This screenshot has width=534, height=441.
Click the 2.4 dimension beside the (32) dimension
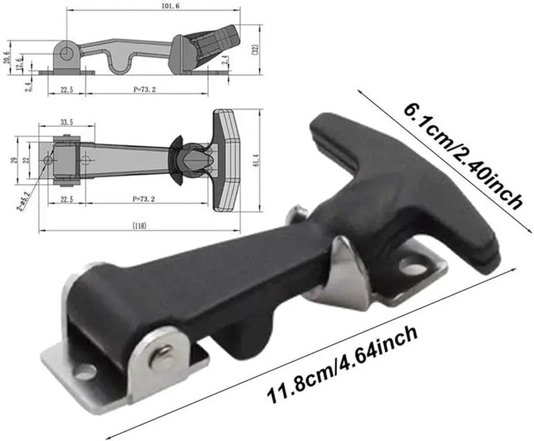tap(226, 60)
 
